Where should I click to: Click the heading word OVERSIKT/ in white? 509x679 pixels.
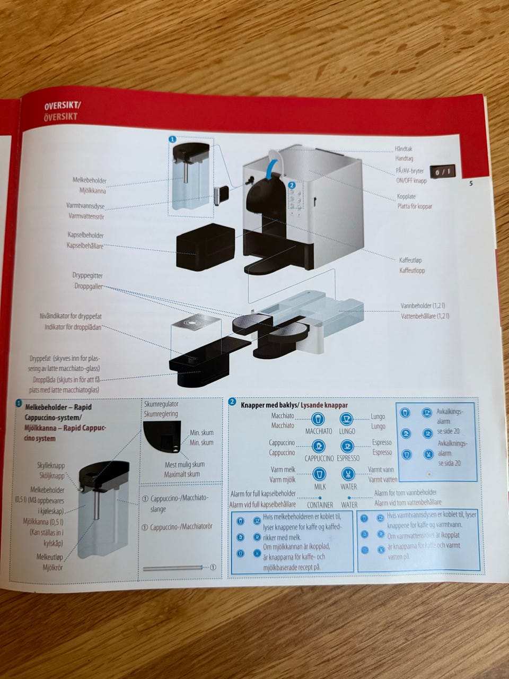[x=63, y=106]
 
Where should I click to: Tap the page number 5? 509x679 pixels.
[x=471, y=184]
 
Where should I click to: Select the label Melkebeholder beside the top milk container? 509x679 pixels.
[x=90, y=181]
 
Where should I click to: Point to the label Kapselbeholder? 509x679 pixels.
[x=85, y=235]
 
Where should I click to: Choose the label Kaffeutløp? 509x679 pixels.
[x=411, y=260]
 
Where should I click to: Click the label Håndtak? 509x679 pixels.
[x=403, y=150]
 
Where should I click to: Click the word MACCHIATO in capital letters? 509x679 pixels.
[x=319, y=431]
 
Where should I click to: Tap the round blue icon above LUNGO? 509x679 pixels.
[x=346, y=419]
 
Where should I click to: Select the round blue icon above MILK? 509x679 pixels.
[x=319, y=474]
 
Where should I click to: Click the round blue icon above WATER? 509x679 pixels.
[x=348, y=473]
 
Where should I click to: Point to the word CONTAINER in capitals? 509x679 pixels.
[x=320, y=505]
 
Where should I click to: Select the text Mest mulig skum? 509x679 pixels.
[x=185, y=465]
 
